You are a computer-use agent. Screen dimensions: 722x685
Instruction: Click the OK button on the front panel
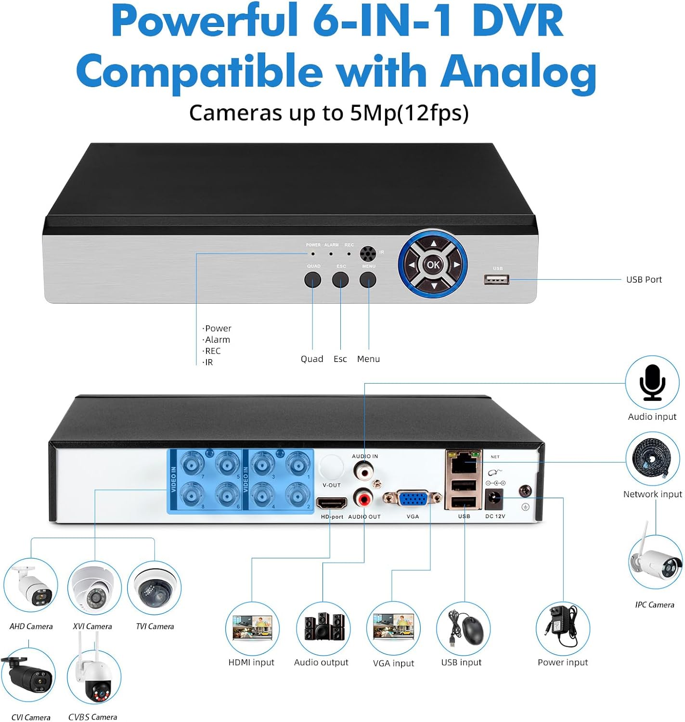(433, 264)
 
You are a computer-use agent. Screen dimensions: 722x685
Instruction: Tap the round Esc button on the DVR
(340, 280)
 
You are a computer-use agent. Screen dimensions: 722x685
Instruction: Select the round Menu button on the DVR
(368, 280)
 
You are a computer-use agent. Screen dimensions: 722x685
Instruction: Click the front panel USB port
(496, 279)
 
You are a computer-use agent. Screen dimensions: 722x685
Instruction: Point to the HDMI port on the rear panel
(332, 503)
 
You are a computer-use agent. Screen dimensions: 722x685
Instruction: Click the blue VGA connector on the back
(413, 499)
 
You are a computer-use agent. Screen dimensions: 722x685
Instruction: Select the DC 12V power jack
(494, 499)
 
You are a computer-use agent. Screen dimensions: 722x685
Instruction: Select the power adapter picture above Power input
(563, 628)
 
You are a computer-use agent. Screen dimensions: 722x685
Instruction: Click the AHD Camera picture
(31, 586)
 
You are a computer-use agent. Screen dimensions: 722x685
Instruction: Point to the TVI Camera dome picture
(155, 587)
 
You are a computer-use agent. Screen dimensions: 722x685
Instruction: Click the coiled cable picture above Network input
(652, 459)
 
